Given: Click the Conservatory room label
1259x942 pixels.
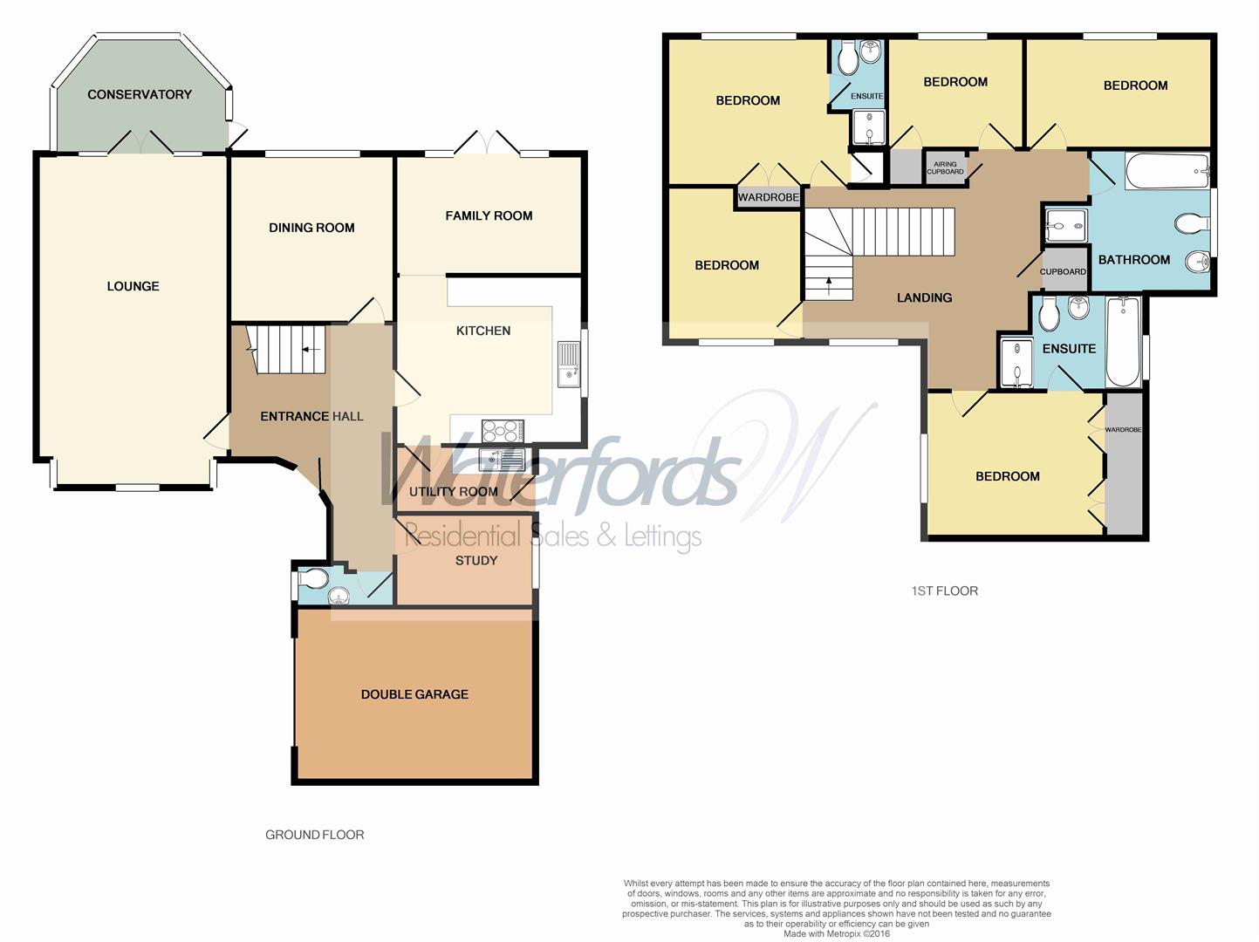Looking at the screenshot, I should (139, 94).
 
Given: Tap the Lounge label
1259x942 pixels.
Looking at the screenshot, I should (133, 286).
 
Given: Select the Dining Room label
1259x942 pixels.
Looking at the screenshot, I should (311, 228).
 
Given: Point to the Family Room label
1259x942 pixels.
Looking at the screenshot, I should (489, 215).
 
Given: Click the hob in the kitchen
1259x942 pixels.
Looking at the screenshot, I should (503, 431).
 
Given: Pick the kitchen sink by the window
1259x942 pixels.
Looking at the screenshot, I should (568, 364).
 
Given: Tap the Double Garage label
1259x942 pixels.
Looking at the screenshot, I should (414, 694).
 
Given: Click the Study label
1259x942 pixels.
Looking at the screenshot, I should (476, 560).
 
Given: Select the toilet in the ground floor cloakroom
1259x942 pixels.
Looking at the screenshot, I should (312, 577).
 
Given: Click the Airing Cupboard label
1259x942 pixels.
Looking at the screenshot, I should (945, 167).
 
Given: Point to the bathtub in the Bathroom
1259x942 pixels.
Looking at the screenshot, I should (1166, 172).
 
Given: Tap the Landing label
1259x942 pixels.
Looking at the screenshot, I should (924, 297).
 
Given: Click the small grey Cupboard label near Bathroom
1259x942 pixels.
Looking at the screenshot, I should (1063, 271).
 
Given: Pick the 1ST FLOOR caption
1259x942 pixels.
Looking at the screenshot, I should (944, 590).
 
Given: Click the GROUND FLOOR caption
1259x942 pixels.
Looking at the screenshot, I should (314, 835).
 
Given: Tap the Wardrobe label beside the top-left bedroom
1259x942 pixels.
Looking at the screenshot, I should (768, 198).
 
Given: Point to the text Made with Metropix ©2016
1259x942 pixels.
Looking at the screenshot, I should (836, 933).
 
